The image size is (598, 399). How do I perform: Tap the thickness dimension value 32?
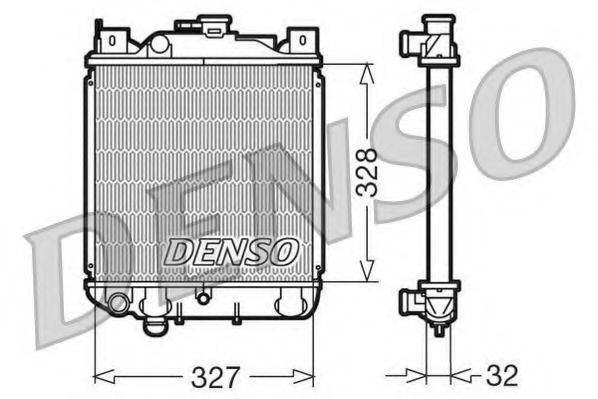pyautogui.click(x=503, y=377)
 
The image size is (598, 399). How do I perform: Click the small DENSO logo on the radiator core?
pyautogui.click(x=230, y=251)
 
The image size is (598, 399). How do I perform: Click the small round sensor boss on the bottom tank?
pyautogui.click(x=203, y=296)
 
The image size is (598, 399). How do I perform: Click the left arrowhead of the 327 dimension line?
pyautogui.click(x=98, y=377)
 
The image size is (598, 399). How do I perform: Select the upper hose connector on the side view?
pyautogui.click(x=411, y=41)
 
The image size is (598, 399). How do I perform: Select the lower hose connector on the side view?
pyautogui.click(x=411, y=300)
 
